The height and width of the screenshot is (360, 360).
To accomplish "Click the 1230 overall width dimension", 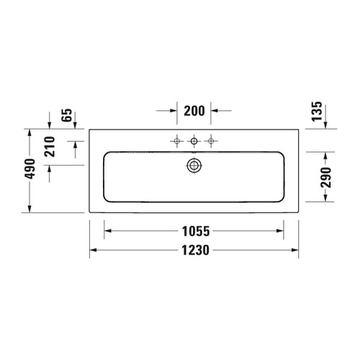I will [x=194, y=251].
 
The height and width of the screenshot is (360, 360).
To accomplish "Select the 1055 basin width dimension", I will [x=194, y=232].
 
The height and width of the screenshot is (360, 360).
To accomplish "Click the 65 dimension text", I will [x=68, y=117].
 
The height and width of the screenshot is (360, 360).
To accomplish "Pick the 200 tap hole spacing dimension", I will [x=194, y=111].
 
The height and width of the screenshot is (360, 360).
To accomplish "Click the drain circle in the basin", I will [x=194, y=165].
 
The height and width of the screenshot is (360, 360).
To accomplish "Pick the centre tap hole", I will [x=194, y=141].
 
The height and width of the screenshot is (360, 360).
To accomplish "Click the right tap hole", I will [x=211, y=141].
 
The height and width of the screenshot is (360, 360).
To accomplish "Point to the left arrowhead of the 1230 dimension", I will [x=93, y=251].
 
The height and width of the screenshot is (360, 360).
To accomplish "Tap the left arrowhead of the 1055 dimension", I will [x=108, y=232].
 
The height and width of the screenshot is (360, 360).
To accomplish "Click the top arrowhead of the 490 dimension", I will [x=30, y=133].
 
